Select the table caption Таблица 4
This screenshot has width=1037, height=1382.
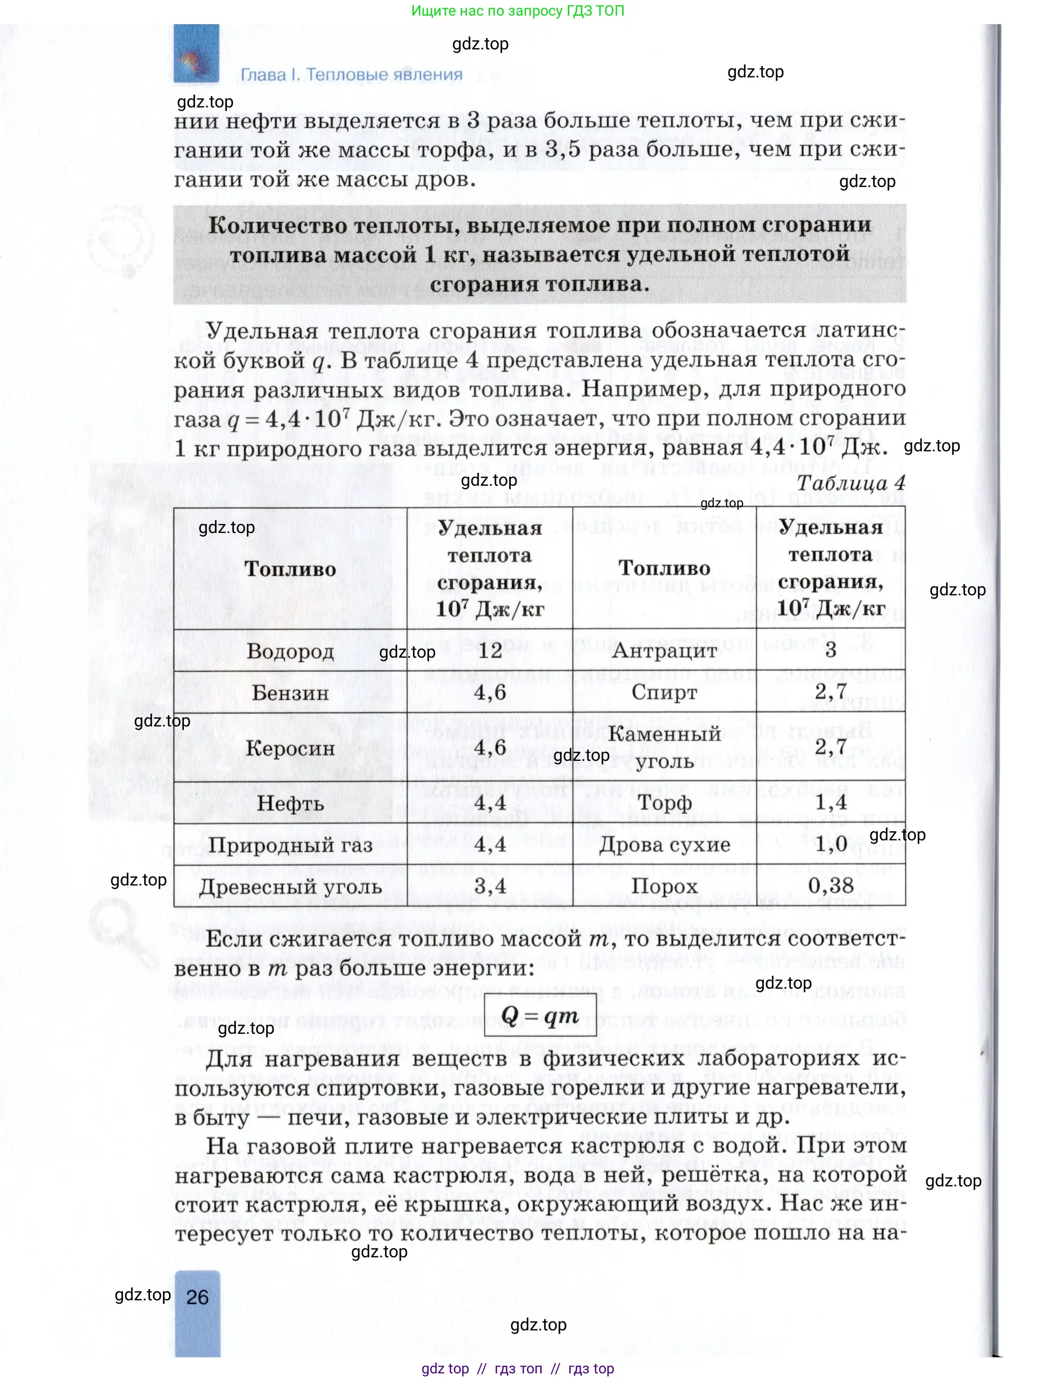point(851,484)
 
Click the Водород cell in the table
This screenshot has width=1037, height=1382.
point(290,651)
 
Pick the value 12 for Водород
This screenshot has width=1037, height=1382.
point(490,650)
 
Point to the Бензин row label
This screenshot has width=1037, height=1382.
point(290,693)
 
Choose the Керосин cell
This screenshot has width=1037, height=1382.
point(290,748)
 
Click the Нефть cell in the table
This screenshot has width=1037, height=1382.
point(290,803)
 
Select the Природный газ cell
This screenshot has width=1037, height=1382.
point(290,845)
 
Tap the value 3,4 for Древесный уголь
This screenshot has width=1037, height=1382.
point(490,886)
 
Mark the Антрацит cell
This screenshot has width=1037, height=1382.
point(664,650)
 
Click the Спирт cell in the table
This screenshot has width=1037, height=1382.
point(664,692)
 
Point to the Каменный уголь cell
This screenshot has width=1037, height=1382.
point(664,747)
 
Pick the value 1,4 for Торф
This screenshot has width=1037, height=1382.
point(831,802)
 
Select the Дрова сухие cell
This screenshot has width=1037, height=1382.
point(664,845)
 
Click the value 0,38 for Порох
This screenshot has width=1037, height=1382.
point(831,886)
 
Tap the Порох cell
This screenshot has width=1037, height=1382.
point(664,886)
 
